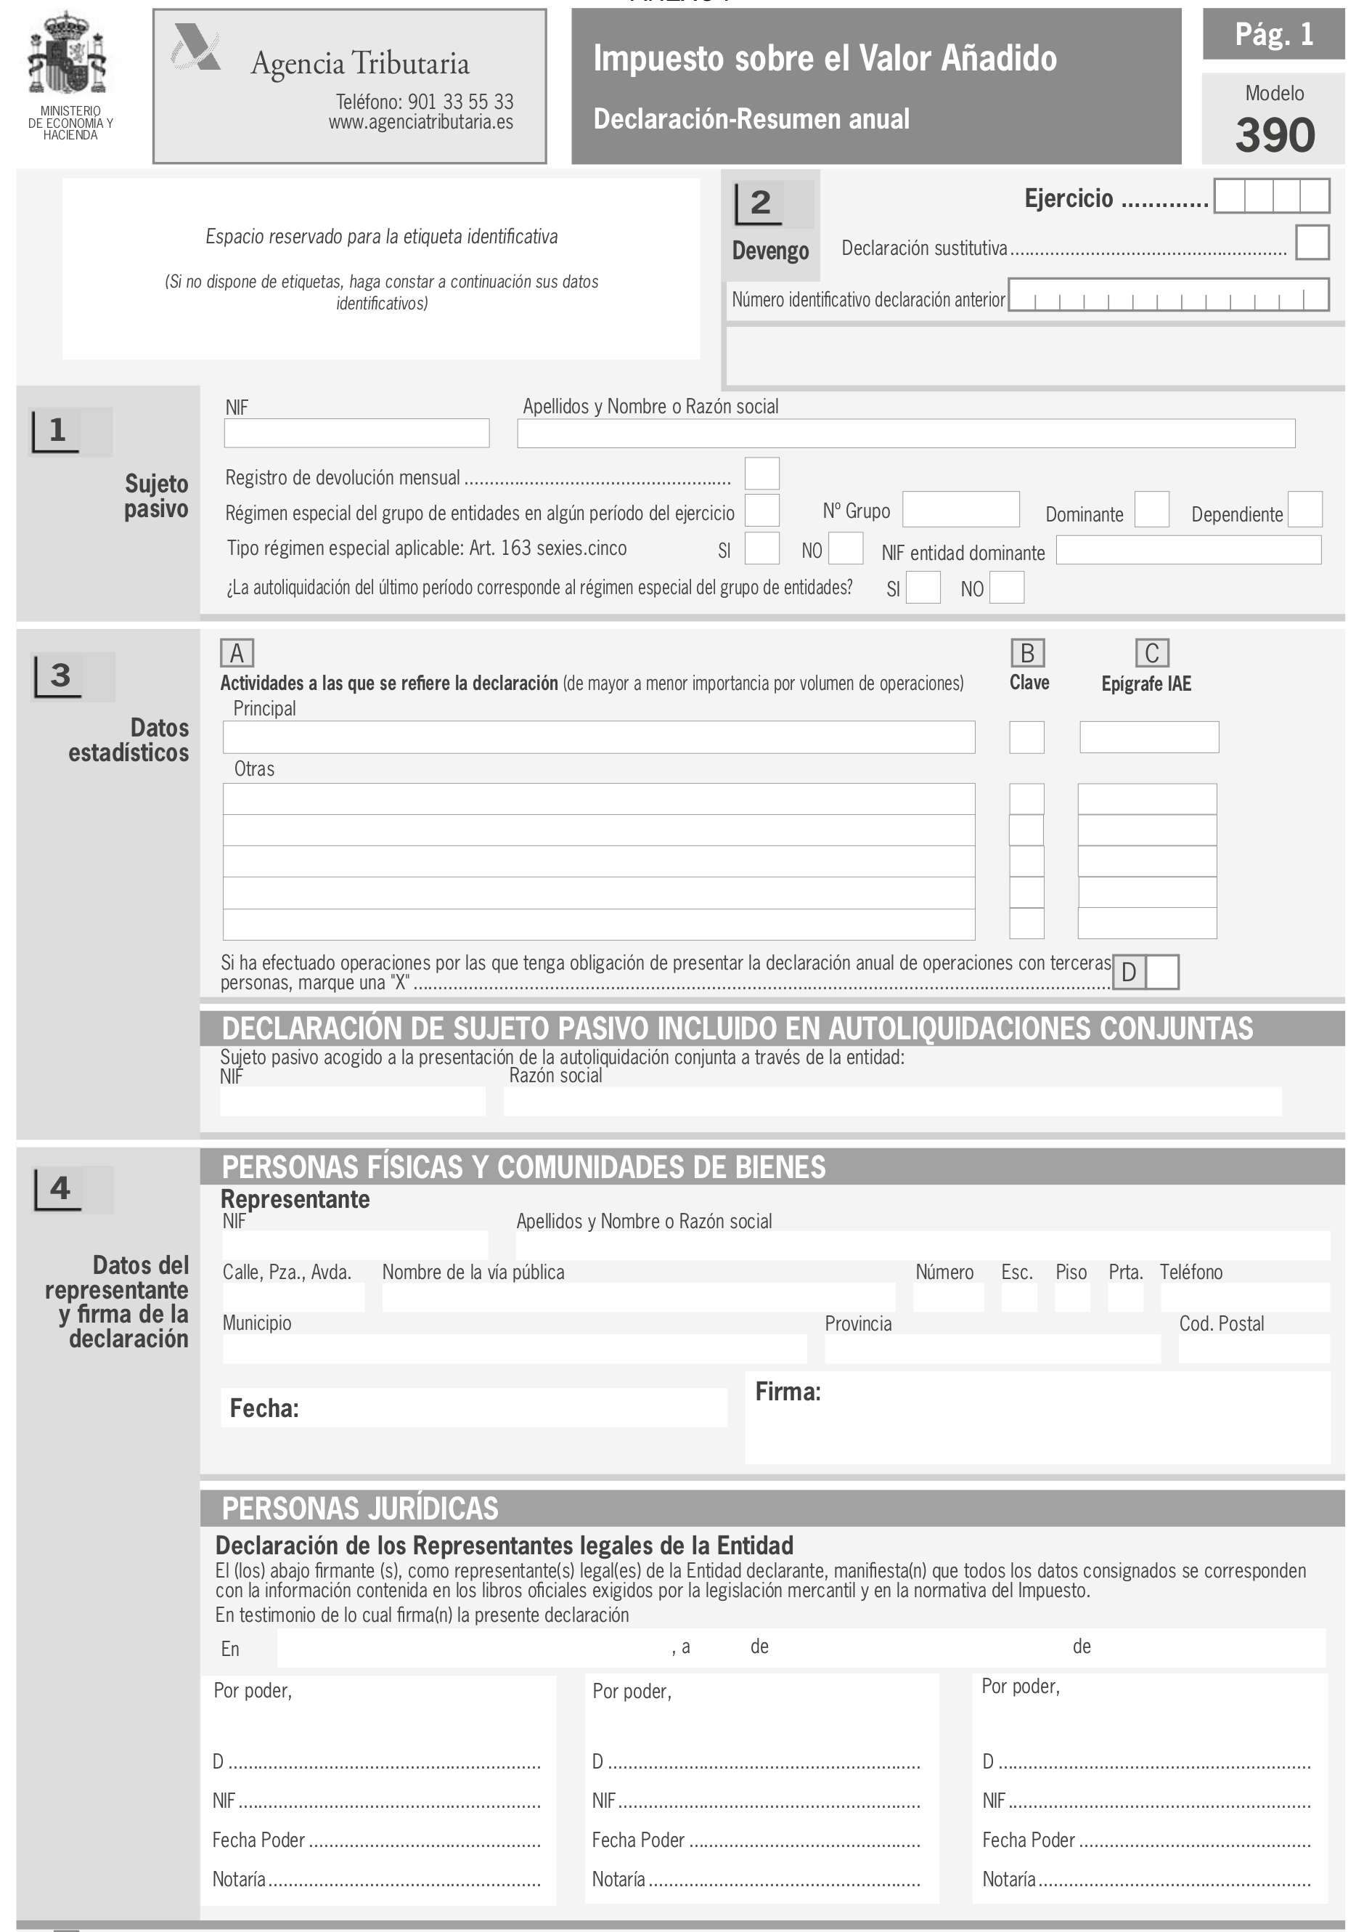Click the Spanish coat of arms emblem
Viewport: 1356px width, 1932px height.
tap(68, 54)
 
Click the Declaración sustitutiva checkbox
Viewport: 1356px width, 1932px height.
tap(1312, 243)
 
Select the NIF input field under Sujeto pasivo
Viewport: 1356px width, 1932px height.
tap(356, 434)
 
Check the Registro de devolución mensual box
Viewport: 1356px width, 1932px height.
tap(761, 474)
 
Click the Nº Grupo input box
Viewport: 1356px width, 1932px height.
tap(960, 509)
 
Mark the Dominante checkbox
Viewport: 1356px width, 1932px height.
tap(1151, 510)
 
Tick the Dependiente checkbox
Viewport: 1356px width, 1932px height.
tap(1304, 510)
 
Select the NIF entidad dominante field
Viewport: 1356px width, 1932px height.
tap(1188, 551)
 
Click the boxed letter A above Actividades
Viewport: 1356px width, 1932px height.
tap(237, 653)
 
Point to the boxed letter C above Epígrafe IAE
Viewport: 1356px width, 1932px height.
tap(1151, 653)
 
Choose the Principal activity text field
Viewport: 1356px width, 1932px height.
tap(598, 737)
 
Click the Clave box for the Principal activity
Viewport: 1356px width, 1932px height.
tap(1026, 737)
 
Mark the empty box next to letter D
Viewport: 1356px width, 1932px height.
tap(1161, 972)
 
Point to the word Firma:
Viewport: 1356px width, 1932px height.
tap(788, 1392)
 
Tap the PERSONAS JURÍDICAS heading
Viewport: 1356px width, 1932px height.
tap(360, 1509)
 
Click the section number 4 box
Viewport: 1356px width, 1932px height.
tap(59, 1188)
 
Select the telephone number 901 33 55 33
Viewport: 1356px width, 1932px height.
tap(460, 102)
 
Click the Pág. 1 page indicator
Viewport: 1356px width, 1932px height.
tap(1273, 35)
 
